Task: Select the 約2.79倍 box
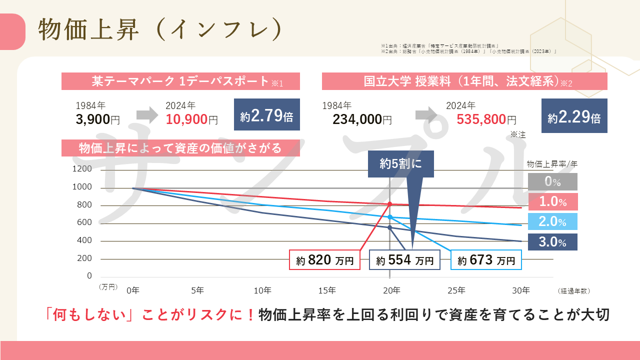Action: point(266,114)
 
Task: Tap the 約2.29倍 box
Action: point(574,116)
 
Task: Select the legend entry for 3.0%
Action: point(552,242)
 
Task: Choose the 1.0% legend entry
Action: point(552,201)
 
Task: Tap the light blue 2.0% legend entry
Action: point(552,221)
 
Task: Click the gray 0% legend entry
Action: point(552,181)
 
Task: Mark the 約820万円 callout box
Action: point(325,260)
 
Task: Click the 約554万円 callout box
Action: point(404,260)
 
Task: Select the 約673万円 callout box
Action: point(486,260)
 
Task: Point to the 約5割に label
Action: point(400,163)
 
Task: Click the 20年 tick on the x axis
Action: point(391,290)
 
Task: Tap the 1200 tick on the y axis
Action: point(83,169)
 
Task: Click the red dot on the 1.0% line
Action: point(390,204)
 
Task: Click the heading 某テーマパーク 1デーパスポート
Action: point(180,81)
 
